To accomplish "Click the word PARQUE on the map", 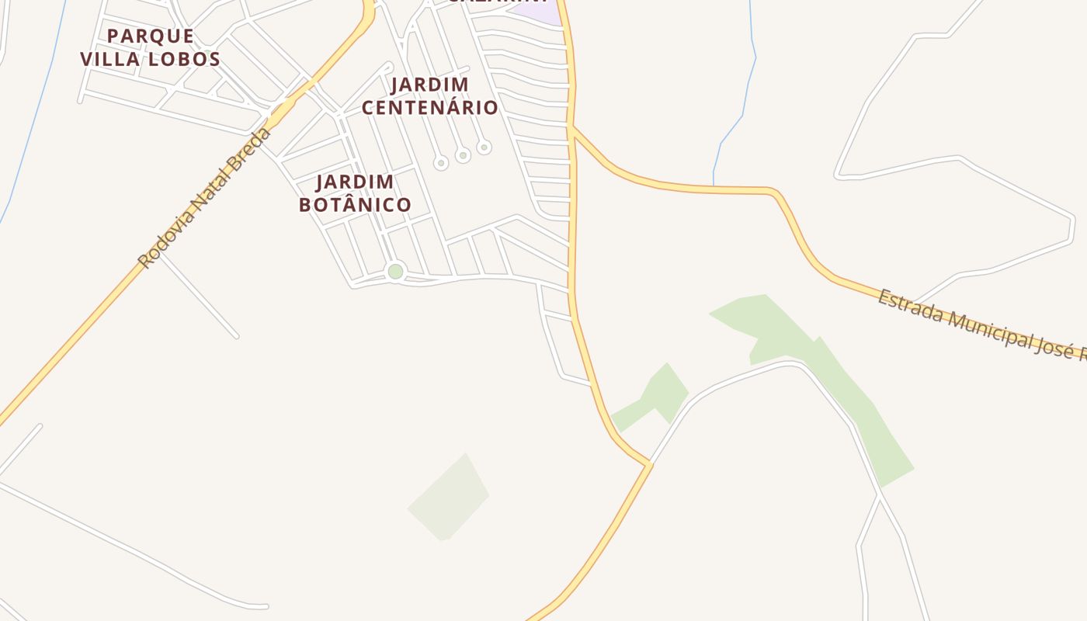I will [x=151, y=36].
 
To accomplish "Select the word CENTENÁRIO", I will [x=429, y=107].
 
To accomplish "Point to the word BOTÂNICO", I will [x=355, y=205].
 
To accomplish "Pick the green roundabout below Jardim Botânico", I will [x=395, y=272].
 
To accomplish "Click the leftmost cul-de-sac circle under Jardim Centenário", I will [x=441, y=163].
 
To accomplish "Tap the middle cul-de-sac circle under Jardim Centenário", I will [x=463, y=156].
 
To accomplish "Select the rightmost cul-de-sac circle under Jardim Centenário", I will [x=484, y=147].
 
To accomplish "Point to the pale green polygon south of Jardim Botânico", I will [x=449, y=498].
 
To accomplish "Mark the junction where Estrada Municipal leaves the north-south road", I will [x=573, y=128].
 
